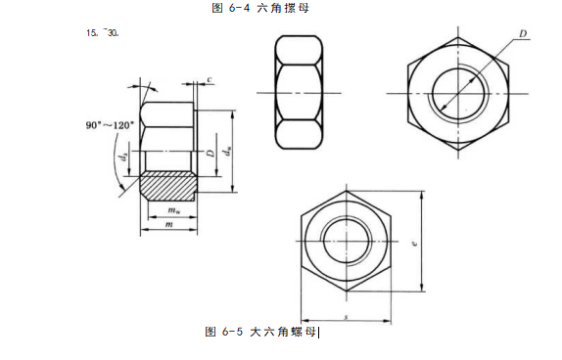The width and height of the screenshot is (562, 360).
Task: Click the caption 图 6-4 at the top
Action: click(231, 8)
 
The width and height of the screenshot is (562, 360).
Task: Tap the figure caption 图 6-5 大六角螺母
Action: click(260, 332)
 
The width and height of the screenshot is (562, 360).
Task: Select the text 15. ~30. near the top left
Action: click(103, 33)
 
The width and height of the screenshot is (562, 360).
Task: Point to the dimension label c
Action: click(210, 79)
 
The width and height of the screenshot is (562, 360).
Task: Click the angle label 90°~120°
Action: click(110, 125)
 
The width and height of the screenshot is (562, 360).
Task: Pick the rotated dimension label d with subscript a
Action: click(124, 157)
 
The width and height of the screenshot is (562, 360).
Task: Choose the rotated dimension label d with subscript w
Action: click(227, 151)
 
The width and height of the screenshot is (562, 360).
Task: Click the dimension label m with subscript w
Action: click(174, 210)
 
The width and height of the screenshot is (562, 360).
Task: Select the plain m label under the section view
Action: click(168, 225)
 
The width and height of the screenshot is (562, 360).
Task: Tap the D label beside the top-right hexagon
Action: click(523, 33)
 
